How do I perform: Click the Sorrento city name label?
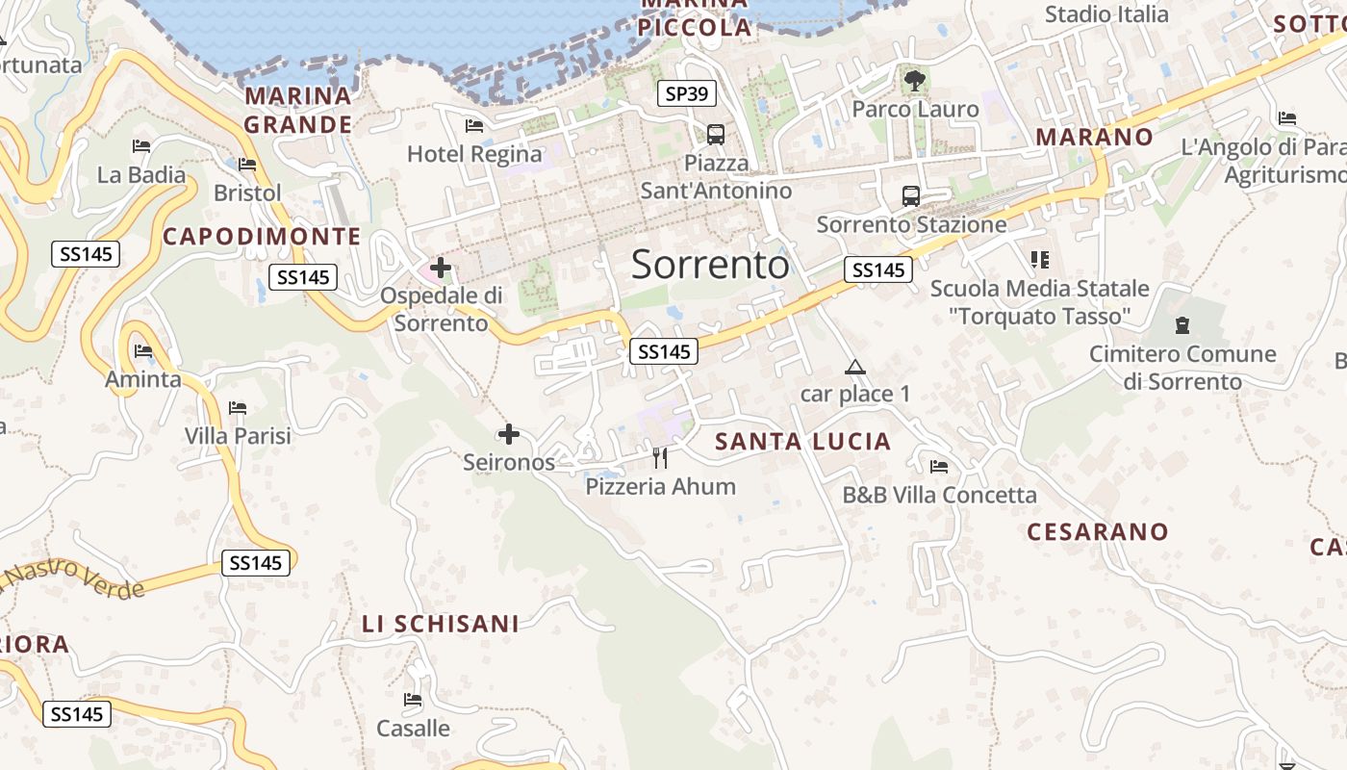[x=710, y=265]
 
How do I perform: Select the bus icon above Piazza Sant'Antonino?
[x=715, y=134]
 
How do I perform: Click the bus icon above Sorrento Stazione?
[x=910, y=196]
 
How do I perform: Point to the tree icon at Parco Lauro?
[x=914, y=80]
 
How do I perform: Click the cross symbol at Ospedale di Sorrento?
[x=441, y=267]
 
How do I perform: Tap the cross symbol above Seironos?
[x=508, y=434]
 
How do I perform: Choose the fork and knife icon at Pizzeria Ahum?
[x=660, y=457]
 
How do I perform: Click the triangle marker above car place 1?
[x=854, y=367]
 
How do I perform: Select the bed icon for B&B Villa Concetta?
[x=939, y=467]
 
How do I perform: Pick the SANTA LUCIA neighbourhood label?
[x=803, y=442]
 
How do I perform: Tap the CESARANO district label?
[x=1097, y=531]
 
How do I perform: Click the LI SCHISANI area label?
[x=441, y=624]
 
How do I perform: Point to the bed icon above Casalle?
[x=413, y=700]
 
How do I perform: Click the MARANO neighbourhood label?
[x=1094, y=137]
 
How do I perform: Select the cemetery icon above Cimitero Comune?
[x=1182, y=325]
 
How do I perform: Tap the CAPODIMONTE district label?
[x=262, y=237]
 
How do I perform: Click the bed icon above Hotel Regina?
[x=473, y=125]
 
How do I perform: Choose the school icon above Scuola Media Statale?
[x=1039, y=259]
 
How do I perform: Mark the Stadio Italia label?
[x=1106, y=14]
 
